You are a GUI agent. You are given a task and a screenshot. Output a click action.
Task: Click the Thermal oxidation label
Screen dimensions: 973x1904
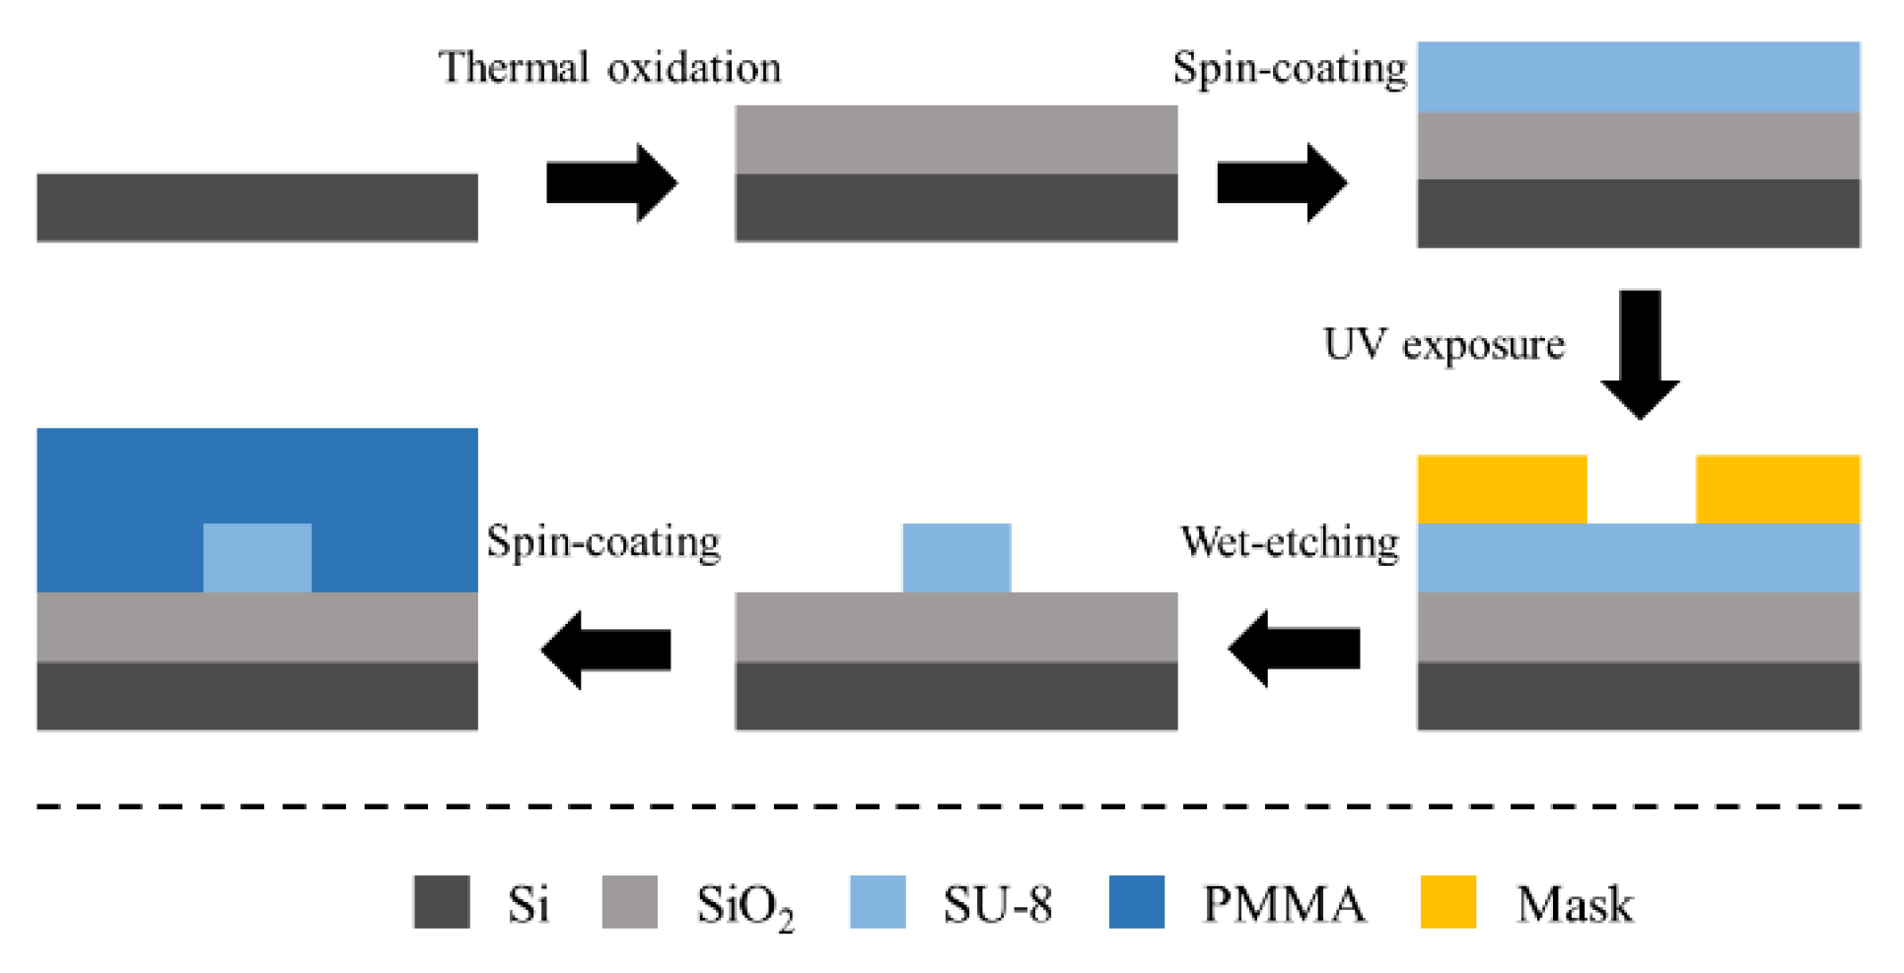click(x=609, y=68)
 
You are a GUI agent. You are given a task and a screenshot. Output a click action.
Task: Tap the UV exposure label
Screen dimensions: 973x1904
click(x=1443, y=345)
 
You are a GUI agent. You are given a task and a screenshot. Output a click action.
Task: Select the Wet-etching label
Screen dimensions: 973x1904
click(x=1289, y=542)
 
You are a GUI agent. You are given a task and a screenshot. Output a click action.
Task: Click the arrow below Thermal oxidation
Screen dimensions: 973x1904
click(x=611, y=182)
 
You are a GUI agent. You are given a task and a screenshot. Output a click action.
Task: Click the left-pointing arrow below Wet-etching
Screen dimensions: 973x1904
click(x=1294, y=649)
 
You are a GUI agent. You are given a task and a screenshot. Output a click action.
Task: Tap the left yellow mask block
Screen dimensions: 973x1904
click(x=1501, y=489)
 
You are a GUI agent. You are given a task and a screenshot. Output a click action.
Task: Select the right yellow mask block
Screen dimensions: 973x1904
click(x=1777, y=489)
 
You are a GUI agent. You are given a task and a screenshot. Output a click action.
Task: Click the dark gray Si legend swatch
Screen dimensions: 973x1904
click(x=441, y=901)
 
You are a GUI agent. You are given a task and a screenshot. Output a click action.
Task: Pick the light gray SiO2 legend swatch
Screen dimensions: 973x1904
click(x=629, y=901)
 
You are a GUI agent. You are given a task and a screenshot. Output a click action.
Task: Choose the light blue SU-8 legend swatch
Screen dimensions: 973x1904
click(x=878, y=901)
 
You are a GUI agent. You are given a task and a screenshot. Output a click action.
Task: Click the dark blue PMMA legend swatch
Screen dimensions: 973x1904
click(x=1136, y=901)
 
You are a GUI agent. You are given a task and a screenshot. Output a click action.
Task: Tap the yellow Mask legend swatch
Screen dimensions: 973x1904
click(x=1447, y=901)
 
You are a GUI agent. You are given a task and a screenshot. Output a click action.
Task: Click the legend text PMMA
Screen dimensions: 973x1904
click(x=1284, y=904)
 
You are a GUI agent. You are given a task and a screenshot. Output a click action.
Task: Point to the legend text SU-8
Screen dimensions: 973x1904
click(x=997, y=904)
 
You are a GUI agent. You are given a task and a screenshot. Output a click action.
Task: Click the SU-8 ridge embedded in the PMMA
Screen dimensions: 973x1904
click(x=257, y=557)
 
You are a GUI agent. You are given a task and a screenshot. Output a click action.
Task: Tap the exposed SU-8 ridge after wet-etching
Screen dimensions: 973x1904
click(x=956, y=557)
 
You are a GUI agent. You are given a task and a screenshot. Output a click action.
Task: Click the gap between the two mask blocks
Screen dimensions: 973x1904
click(x=1641, y=489)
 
